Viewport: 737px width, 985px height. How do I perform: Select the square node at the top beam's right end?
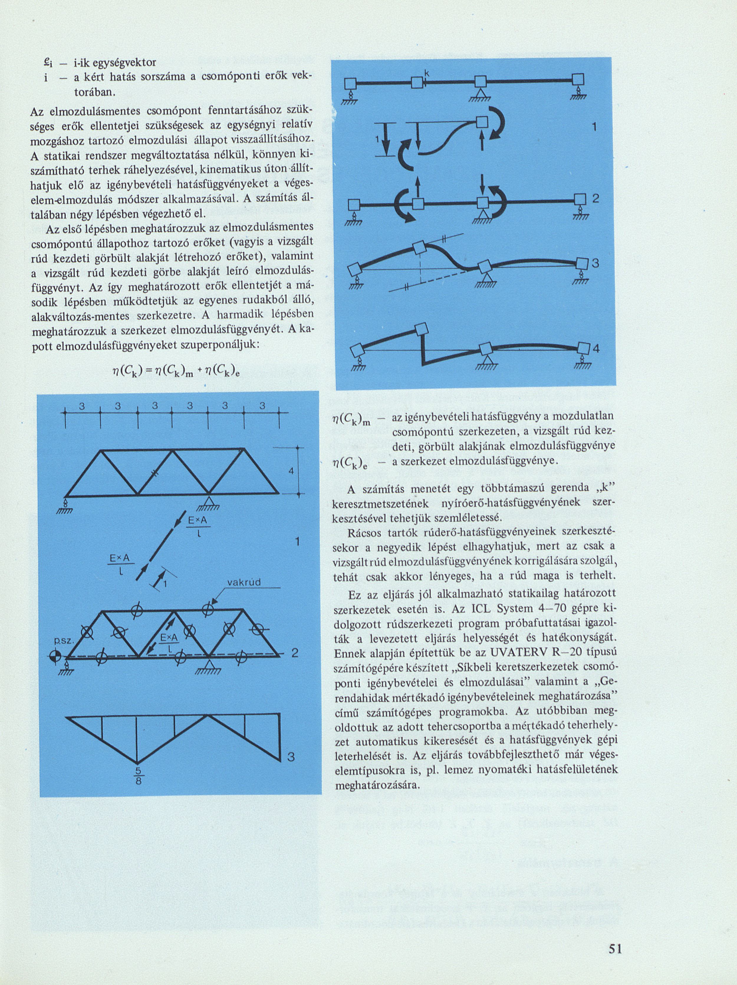tap(578, 81)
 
